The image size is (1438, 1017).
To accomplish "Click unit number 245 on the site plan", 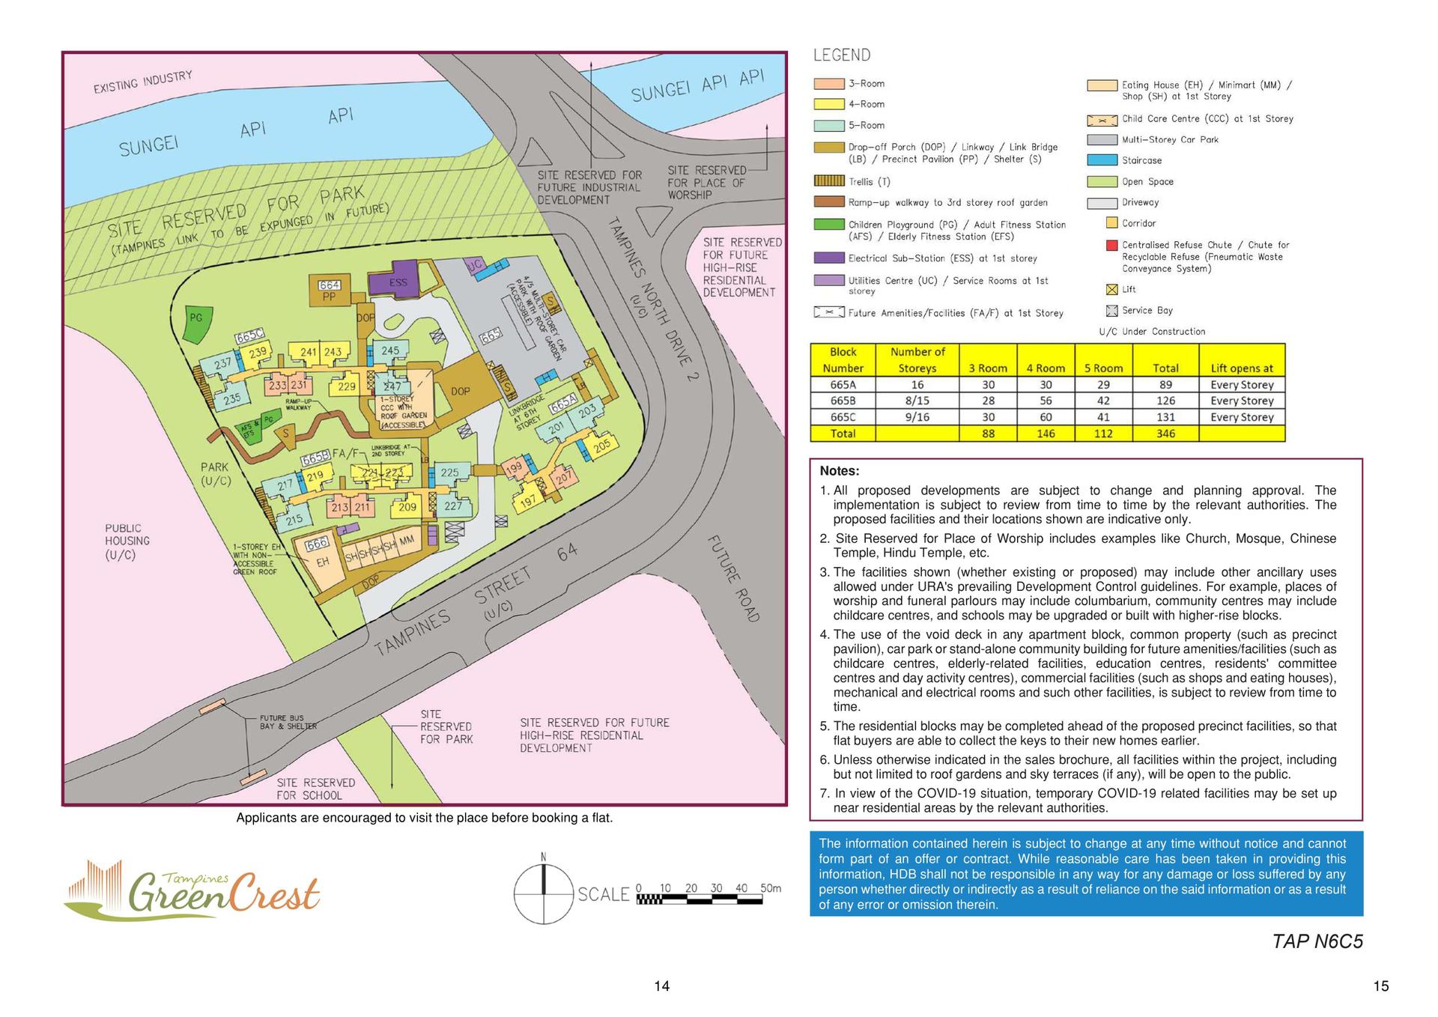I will tap(390, 350).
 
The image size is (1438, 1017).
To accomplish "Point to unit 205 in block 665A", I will tap(601, 446).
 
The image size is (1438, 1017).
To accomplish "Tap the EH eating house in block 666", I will tap(323, 562).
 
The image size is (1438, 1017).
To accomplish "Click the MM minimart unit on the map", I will tap(407, 540).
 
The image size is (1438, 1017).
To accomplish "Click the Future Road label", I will tap(733, 578).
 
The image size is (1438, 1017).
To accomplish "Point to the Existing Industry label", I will tap(142, 82).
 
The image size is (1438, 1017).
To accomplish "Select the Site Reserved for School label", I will tap(315, 789).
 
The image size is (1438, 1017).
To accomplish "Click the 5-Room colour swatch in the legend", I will tap(828, 126).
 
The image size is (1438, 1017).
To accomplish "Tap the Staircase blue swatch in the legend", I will tap(1102, 160).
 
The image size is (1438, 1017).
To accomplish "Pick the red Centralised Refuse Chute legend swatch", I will tap(1111, 245).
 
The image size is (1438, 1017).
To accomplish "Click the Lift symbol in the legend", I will tap(1111, 290).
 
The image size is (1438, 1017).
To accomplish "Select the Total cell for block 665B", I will tap(1165, 401).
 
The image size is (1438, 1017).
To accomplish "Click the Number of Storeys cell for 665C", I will tap(917, 417).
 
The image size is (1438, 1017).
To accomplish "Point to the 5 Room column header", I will tap(1102, 368).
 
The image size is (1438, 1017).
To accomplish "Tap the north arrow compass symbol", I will tap(543, 893).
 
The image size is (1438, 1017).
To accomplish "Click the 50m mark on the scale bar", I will tap(770, 888).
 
